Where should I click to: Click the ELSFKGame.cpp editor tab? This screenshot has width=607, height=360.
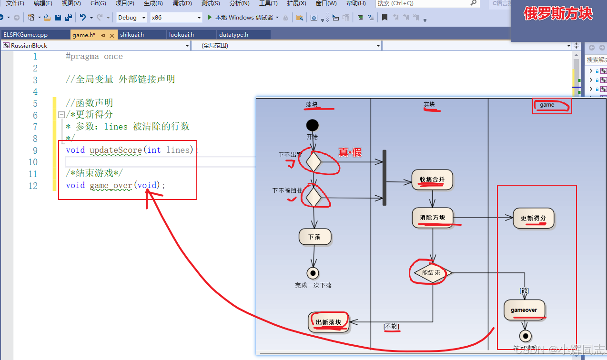[25, 35]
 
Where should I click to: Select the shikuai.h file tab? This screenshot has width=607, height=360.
[132, 35]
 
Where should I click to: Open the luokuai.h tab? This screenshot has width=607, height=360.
[182, 35]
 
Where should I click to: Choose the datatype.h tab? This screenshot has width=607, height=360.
[233, 35]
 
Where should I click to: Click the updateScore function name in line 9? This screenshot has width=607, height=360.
[116, 150]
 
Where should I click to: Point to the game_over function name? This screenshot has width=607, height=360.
[111, 186]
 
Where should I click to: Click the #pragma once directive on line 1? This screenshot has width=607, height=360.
[94, 57]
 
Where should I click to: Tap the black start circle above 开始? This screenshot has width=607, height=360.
[313, 125]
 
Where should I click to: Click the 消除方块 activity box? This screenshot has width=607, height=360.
[432, 218]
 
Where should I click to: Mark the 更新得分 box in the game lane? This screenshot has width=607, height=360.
[534, 219]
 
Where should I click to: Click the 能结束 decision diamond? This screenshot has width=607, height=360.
[431, 273]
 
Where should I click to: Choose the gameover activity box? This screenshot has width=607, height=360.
[524, 310]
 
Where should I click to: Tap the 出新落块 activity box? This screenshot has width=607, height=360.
[328, 322]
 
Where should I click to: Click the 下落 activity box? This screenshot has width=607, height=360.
[314, 237]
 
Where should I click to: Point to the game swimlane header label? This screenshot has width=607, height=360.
[547, 105]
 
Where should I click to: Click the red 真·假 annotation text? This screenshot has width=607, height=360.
[350, 152]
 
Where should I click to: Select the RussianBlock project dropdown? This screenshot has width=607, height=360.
[96, 46]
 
